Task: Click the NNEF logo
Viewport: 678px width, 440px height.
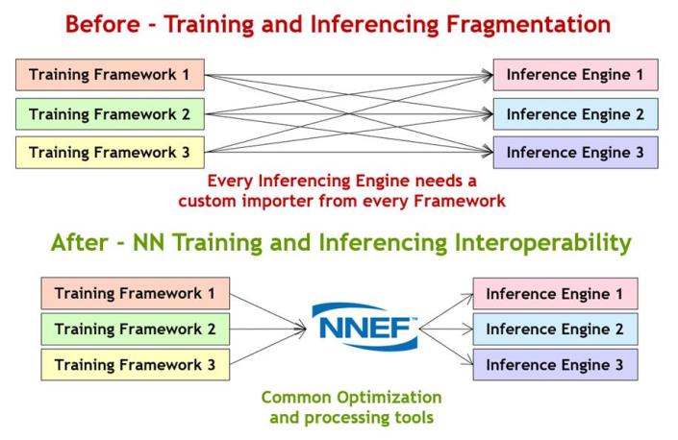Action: coord(365,327)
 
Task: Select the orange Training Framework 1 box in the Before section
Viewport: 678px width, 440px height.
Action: coord(110,75)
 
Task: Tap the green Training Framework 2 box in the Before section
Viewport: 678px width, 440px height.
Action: coord(110,114)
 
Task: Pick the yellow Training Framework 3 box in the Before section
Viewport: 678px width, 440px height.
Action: coord(110,153)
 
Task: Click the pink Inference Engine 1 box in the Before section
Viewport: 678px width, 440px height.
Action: coord(575,75)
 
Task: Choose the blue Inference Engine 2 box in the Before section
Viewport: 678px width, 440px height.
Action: coord(575,114)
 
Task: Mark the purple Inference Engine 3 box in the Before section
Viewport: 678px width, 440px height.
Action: coord(575,153)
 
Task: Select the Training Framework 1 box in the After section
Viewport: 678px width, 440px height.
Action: coord(136,294)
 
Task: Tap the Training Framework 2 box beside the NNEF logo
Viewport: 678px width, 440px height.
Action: coord(136,329)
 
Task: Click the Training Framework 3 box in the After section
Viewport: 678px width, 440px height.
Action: coord(136,365)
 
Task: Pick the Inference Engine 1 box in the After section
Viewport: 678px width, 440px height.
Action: coord(555,294)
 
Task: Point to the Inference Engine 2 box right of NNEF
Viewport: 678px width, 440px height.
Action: coord(555,329)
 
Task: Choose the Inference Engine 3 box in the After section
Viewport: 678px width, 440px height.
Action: coord(555,365)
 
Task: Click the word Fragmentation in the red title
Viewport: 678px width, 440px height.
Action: coord(528,25)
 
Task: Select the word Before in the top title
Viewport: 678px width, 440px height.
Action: coord(103,24)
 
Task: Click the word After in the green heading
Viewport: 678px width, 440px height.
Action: coord(79,242)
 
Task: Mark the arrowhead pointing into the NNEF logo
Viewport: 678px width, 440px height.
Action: coord(301,329)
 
